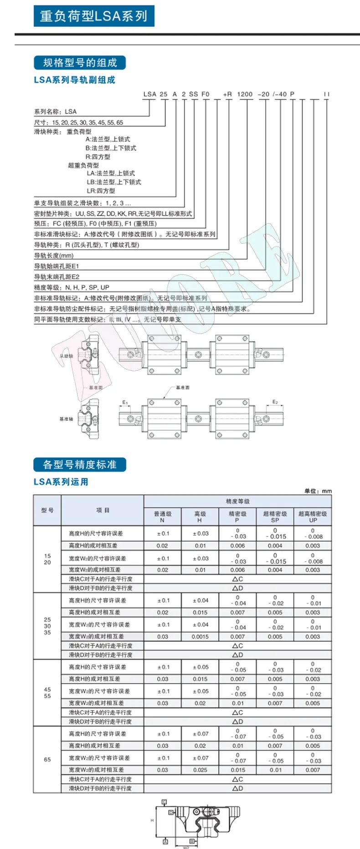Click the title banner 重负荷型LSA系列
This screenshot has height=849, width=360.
(94, 16)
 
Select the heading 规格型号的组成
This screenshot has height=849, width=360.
(80, 63)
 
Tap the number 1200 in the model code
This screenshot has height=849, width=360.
(245, 94)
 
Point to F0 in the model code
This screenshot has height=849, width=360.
(206, 94)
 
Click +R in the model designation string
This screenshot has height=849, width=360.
(227, 94)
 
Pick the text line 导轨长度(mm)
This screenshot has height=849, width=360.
(54, 256)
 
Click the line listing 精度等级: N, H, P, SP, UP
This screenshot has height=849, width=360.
(72, 287)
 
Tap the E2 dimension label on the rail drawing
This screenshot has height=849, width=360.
(275, 402)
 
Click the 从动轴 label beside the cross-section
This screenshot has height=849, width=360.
(66, 356)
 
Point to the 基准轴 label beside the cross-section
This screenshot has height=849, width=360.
(66, 419)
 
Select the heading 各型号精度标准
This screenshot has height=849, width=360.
(80, 465)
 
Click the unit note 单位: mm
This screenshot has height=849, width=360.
(318, 491)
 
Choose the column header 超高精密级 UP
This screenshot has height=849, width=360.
(313, 517)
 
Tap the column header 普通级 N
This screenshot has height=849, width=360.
(162, 517)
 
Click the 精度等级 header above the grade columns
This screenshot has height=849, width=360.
(237, 501)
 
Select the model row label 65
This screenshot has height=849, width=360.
(47, 759)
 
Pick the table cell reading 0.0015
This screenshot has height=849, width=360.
(200, 637)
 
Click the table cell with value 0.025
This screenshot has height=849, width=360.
(200, 770)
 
